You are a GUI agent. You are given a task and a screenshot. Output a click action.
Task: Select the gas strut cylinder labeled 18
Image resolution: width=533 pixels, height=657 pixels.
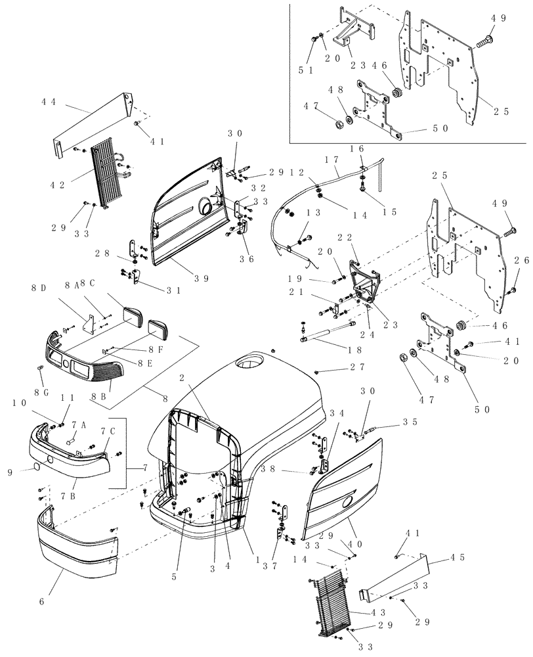click(x=328, y=334)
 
